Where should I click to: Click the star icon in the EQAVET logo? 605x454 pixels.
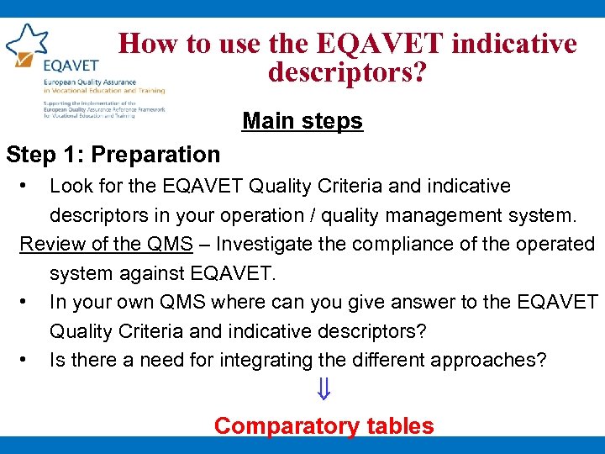pyautogui.click(x=27, y=44)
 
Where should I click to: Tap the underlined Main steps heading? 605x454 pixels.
pyautogui.click(x=302, y=121)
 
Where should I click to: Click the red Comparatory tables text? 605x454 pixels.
pyautogui.click(x=324, y=425)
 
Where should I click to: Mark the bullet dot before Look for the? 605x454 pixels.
pyautogui.click(x=27, y=184)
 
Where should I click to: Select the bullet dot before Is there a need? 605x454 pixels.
pyautogui.click(x=27, y=359)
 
